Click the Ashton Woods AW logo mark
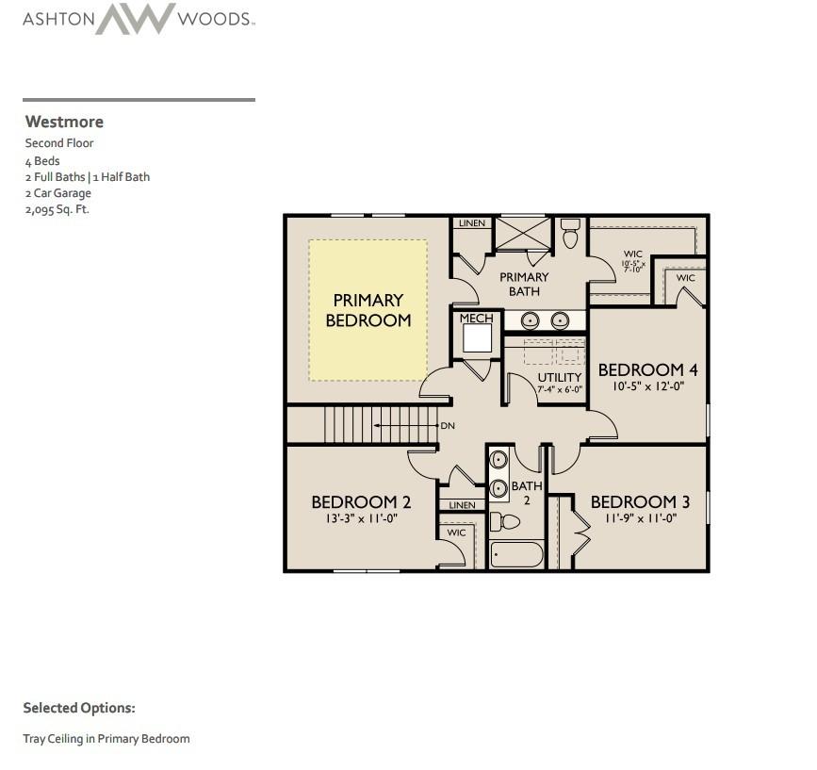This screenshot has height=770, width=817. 135,19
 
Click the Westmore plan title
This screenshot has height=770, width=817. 64,122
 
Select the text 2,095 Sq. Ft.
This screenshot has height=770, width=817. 57,209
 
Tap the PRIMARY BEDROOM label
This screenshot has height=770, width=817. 368,310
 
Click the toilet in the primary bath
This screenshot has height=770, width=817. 570,234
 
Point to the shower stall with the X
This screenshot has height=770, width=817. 523,234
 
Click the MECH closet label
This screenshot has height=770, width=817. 476,319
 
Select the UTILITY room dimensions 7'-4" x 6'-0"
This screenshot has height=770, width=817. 560,389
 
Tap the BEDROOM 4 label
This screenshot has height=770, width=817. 647,369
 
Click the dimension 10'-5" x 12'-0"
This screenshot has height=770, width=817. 647,386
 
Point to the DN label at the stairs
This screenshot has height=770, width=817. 448,426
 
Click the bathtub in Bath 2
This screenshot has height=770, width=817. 517,554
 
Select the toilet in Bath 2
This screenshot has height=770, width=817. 505,521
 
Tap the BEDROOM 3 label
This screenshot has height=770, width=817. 640,502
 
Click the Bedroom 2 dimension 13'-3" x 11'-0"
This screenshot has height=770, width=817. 361,519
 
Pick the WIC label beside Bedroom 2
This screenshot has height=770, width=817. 456,532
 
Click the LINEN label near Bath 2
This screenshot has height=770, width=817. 462,505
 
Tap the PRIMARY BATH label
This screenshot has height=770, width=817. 524,285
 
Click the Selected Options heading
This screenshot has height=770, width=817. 79,708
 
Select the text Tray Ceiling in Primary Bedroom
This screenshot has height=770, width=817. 106,739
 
